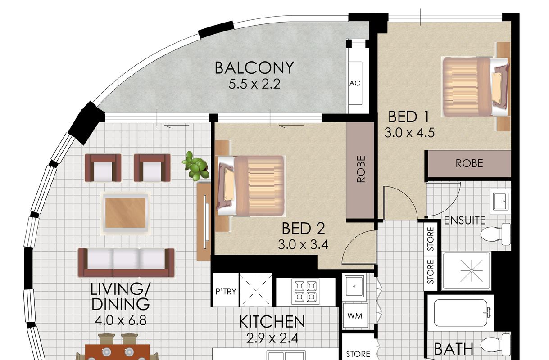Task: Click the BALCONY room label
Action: coord(254,68)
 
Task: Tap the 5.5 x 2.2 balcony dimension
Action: coord(254,84)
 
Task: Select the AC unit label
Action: coord(355,84)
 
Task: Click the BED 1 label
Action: coord(408,117)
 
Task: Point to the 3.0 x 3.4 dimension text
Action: coord(303,244)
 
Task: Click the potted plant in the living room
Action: coord(195,166)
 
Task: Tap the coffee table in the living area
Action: coord(126,213)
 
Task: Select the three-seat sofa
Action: coord(126,262)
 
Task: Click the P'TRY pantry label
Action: coord(226,292)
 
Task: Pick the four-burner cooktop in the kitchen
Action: coord(305,292)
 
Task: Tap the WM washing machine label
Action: coord(355,315)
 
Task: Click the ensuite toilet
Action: coord(495,234)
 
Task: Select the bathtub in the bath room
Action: coord(463,313)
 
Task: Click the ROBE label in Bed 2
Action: coord(361,169)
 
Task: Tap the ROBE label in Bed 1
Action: coord(469,163)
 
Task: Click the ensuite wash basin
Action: coord(500,201)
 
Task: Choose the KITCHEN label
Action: coord(272,322)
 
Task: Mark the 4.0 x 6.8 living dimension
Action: coord(121,320)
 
